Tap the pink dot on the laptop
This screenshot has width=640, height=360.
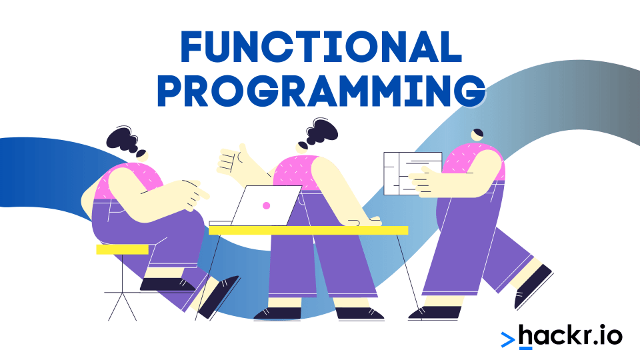(x=266, y=205)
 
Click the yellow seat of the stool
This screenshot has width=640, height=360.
(x=122, y=249)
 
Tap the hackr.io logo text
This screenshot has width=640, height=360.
(x=570, y=335)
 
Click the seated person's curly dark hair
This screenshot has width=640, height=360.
(x=123, y=140)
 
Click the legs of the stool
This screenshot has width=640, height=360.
(x=123, y=293)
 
